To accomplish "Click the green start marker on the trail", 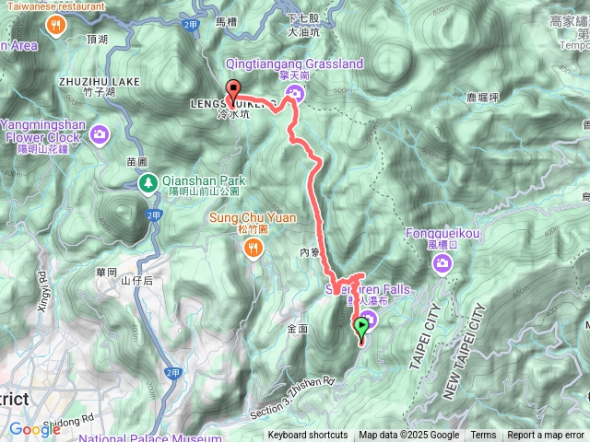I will (x=362, y=326).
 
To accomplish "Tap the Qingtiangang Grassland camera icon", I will (x=293, y=91).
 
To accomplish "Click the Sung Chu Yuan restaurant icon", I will (x=254, y=247).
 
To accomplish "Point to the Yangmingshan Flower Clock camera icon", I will (x=100, y=137).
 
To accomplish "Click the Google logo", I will (x=34, y=429).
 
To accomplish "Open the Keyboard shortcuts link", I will (x=308, y=436).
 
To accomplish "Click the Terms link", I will (x=483, y=436).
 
